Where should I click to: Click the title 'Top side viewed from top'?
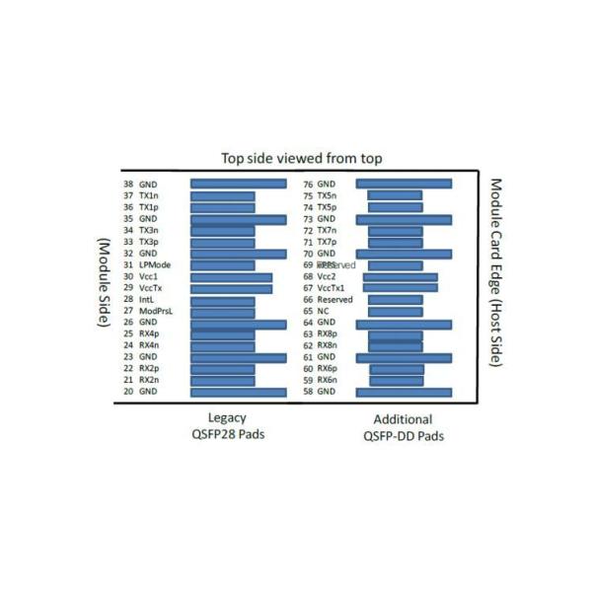[x=301, y=159]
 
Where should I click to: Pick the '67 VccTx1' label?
[x=324, y=288]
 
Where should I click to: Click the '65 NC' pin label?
[x=317, y=312]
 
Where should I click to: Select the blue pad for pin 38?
[x=238, y=184]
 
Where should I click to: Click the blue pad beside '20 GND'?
[x=238, y=392]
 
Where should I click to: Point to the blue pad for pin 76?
[x=404, y=184]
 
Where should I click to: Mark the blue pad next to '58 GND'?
[x=404, y=392]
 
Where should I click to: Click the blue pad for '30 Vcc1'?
[x=231, y=277]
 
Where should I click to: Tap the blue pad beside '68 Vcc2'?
[x=400, y=277]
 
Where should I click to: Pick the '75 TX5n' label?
[x=322, y=195]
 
